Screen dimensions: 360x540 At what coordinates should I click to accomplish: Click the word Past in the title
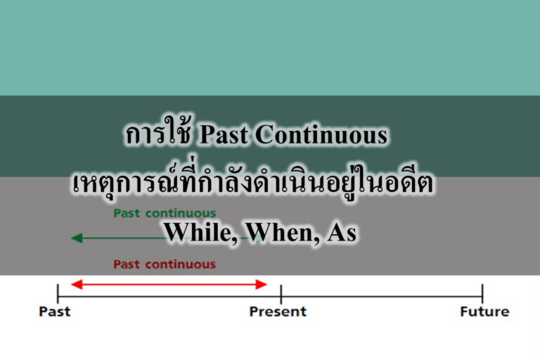223,136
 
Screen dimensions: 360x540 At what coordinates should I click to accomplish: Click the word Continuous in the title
321,136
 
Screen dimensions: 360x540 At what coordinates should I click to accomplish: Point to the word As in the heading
342,232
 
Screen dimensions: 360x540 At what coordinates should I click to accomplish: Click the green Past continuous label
165,212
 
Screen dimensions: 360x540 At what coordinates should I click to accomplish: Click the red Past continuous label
165,264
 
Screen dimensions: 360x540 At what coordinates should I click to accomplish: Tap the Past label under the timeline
55,311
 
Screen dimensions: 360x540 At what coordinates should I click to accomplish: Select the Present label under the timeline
278,311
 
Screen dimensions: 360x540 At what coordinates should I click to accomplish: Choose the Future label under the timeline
484,311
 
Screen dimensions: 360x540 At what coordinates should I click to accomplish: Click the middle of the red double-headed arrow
169,284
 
